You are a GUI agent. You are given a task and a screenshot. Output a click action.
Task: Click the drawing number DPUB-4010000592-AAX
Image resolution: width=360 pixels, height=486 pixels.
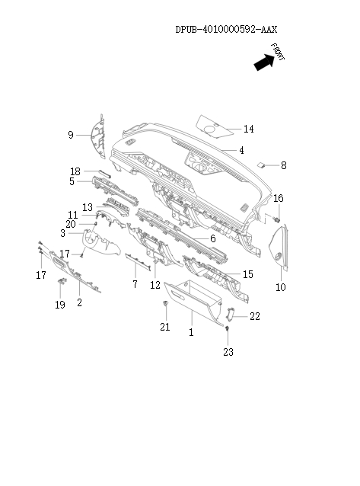(226, 29)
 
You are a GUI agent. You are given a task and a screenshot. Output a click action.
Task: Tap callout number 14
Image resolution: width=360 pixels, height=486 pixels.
(249, 129)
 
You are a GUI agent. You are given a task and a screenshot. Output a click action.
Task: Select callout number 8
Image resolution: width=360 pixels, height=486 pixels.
(283, 165)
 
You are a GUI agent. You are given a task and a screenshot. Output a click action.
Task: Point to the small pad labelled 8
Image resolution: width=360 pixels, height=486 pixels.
(261, 163)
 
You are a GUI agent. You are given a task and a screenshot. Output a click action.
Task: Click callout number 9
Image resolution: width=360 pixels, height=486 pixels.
(70, 135)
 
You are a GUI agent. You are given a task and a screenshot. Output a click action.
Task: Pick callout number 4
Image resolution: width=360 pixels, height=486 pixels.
(241, 150)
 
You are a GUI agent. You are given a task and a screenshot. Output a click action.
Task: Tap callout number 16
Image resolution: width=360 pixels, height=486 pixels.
(279, 199)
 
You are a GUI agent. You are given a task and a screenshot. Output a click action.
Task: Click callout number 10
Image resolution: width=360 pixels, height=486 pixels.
(280, 287)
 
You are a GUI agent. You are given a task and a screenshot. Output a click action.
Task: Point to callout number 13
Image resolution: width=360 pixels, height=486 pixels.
(88, 206)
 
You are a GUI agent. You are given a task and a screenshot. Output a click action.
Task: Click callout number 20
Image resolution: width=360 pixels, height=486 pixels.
(70, 224)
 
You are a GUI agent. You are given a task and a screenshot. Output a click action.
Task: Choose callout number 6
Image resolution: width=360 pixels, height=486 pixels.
(213, 238)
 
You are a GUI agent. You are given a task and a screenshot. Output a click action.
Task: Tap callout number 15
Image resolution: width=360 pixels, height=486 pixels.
(248, 274)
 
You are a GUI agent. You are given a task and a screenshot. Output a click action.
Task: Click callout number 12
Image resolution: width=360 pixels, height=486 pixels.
(155, 285)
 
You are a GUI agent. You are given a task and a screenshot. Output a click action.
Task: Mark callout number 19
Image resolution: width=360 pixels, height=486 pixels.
(60, 305)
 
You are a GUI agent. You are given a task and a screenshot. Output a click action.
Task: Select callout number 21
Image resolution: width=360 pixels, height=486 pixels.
(164, 327)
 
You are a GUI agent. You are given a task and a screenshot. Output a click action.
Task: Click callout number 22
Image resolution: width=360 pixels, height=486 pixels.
(254, 315)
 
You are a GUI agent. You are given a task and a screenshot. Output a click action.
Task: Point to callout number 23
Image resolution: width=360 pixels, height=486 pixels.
(228, 352)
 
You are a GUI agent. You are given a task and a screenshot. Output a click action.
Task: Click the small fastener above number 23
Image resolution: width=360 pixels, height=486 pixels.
(227, 328)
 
